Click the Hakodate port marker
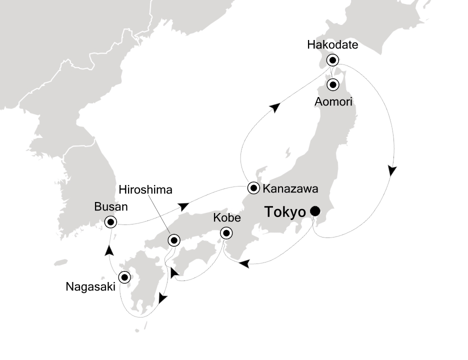[332, 60]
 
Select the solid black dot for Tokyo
[315, 211]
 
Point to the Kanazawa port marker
[254, 188]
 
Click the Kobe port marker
[226, 232]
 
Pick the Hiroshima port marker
[173, 240]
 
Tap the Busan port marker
[110, 221]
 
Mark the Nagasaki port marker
[123, 276]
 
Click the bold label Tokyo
[285, 212]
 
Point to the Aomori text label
[334, 101]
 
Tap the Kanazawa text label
[290, 189]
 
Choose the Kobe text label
[227, 218]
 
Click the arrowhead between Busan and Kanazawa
[185, 205]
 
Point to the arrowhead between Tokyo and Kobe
[244, 263]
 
